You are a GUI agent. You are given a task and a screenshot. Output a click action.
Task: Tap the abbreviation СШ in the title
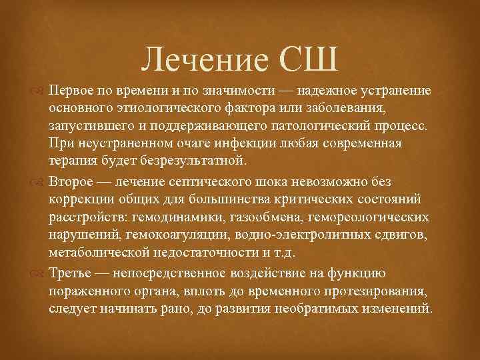coord(311,63)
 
